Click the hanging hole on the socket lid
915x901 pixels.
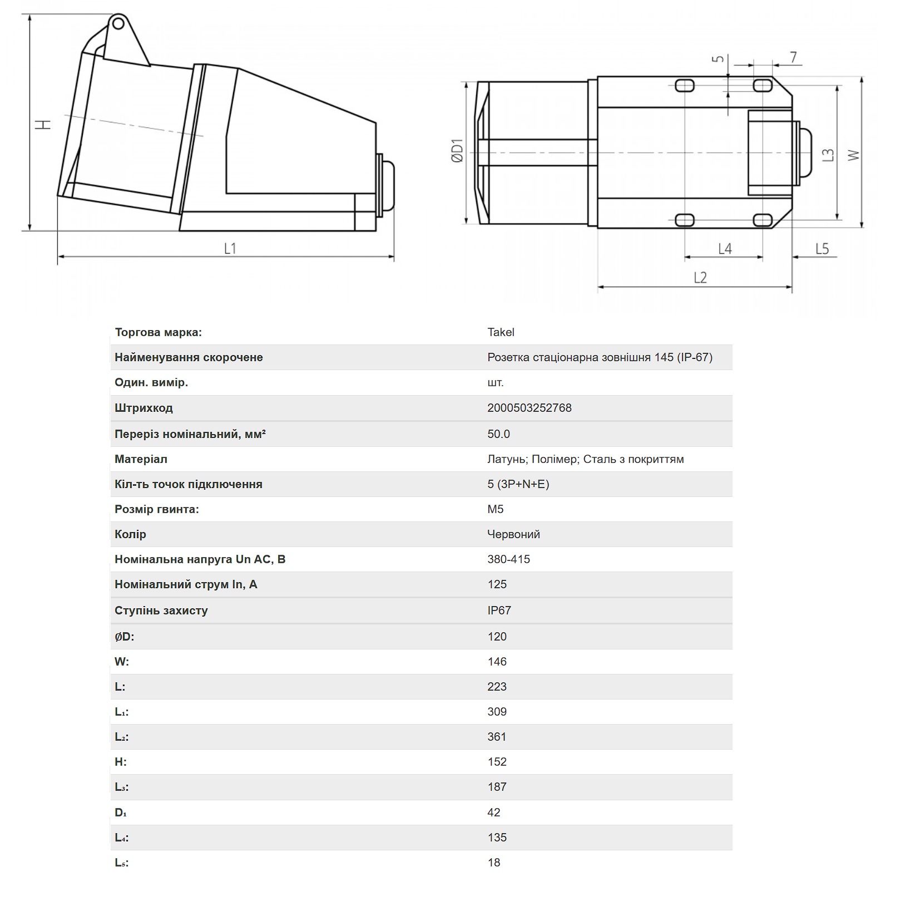click(x=117, y=23)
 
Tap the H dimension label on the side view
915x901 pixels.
click(x=44, y=124)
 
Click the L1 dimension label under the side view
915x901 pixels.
click(x=230, y=248)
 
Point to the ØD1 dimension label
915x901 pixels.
click(x=457, y=151)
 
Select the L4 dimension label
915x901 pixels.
click(x=725, y=249)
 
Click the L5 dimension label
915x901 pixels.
click(x=822, y=249)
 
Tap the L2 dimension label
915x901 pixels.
click(x=700, y=277)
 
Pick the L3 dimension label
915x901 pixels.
click(x=828, y=154)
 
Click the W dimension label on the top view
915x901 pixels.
click(x=853, y=155)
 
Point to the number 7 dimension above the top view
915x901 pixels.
click(x=793, y=57)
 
